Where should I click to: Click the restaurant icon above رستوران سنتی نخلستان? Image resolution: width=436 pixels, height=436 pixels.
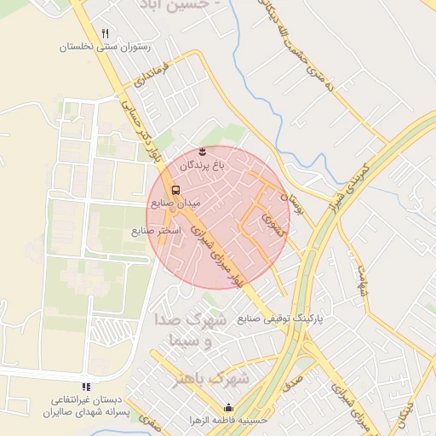[x=105, y=33]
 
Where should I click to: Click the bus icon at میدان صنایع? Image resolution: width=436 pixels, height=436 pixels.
[x=175, y=190]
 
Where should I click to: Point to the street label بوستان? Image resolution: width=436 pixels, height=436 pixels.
[x=292, y=204]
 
